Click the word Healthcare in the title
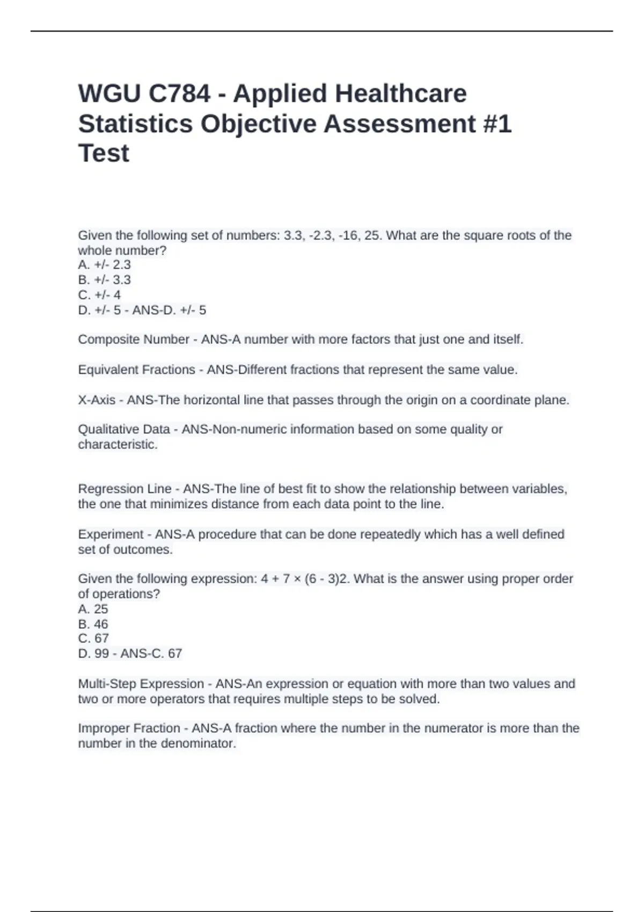click(x=401, y=94)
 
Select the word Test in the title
click(x=104, y=153)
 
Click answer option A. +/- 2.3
click(x=104, y=265)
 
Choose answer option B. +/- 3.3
click(x=104, y=280)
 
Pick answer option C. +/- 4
click(x=99, y=295)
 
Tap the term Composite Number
click(x=133, y=340)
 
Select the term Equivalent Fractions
click(x=136, y=370)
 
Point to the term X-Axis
click(x=96, y=400)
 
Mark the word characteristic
click(x=117, y=445)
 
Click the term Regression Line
click(x=125, y=489)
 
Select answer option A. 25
click(x=93, y=609)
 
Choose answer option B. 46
click(x=93, y=624)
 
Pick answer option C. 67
click(x=93, y=638)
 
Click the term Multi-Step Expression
click(x=141, y=684)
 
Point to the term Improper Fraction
click(x=129, y=729)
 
